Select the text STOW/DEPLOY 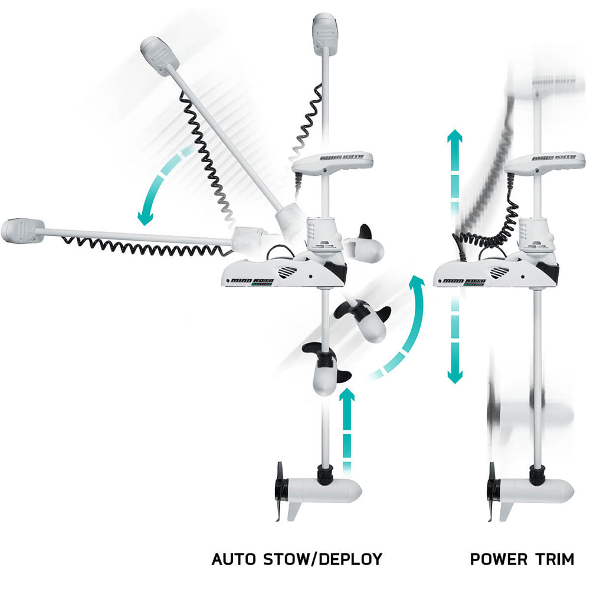click(x=322, y=559)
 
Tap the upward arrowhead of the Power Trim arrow click(x=454, y=142)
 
